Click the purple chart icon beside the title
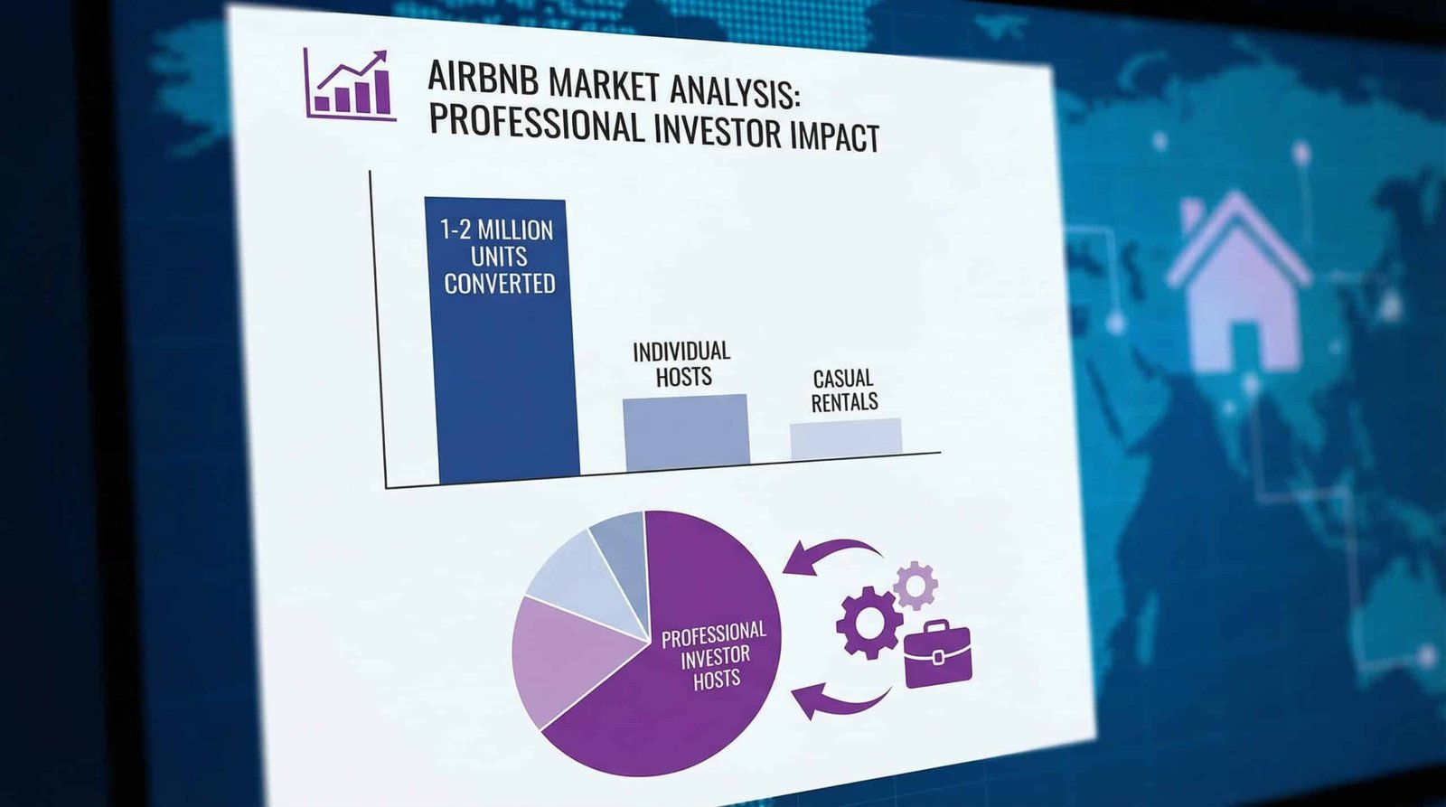point(350,84)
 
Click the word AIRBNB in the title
point(484,78)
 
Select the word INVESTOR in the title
point(718,129)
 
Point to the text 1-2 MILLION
point(496,230)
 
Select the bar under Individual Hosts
point(686,431)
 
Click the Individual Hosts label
point(682,363)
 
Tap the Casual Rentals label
point(844,390)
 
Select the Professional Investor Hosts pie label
point(715,654)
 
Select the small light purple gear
point(915,585)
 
